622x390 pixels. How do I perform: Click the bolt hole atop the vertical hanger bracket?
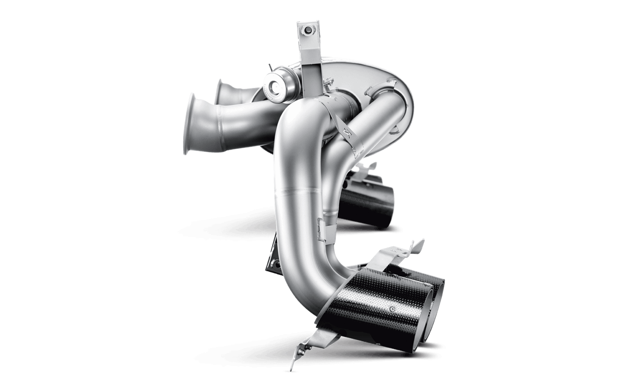pyautogui.click(x=308, y=31)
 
